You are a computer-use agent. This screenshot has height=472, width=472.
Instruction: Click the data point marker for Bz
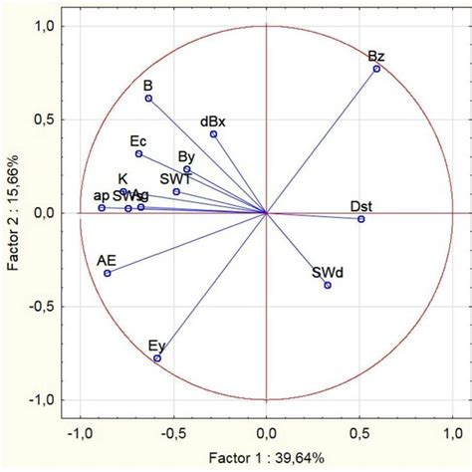(x=376, y=69)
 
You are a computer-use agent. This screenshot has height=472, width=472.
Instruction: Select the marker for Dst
(x=361, y=219)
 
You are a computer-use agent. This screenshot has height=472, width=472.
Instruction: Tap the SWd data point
(x=328, y=285)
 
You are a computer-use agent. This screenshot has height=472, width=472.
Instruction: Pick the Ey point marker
(x=157, y=357)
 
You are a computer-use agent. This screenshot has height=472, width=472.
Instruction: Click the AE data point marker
(x=108, y=273)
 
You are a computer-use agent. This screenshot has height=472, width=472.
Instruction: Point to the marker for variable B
(x=148, y=99)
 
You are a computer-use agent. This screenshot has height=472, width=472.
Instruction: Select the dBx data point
(x=213, y=134)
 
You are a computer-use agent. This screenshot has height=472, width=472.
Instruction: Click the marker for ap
(x=102, y=207)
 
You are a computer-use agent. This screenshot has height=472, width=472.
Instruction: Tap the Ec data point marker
(x=138, y=154)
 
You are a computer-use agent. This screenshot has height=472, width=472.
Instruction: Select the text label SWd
(x=326, y=271)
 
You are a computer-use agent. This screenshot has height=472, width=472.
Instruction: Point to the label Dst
(x=361, y=205)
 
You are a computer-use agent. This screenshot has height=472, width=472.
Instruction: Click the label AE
(x=107, y=259)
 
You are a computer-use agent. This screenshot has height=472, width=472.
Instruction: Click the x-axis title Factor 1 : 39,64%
(x=266, y=460)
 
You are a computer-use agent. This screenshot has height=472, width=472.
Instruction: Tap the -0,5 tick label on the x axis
(x=172, y=434)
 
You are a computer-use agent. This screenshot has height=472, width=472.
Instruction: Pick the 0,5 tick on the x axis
(x=360, y=434)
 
